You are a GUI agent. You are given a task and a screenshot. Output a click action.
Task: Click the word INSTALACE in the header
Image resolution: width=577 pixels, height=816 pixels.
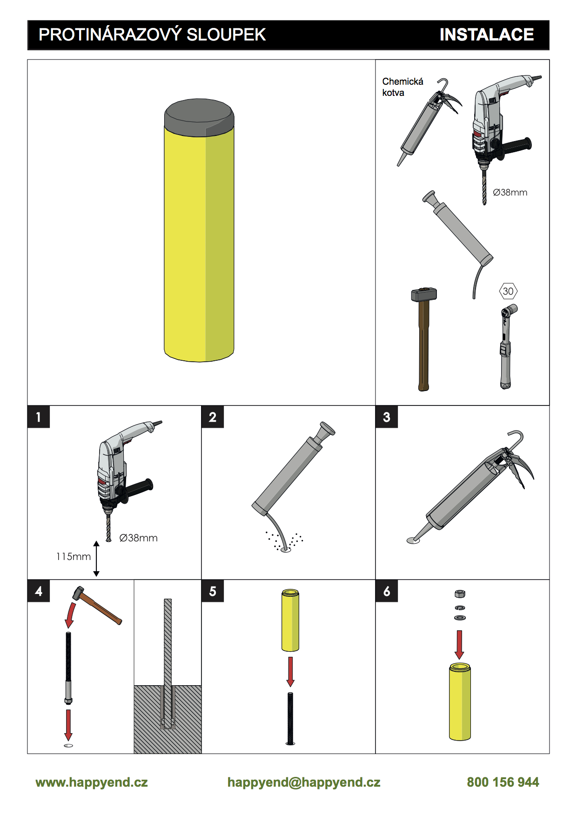pyautogui.click(x=487, y=34)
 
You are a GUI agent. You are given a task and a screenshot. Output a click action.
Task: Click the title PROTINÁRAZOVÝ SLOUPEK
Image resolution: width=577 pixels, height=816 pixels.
pyautogui.click(x=152, y=34)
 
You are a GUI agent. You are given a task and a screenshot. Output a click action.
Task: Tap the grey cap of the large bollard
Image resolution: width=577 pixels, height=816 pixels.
pyautogui.click(x=199, y=117)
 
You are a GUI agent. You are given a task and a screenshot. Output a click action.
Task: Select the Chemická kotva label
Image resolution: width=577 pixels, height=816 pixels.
pyautogui.click(x=403, y=87)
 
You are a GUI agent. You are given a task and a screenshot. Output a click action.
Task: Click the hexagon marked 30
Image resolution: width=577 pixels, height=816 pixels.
pyautogui.click(x=508, y=291)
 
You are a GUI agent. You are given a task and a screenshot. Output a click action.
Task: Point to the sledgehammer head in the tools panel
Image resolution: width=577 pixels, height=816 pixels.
pyautogui.click(x=424, y=294)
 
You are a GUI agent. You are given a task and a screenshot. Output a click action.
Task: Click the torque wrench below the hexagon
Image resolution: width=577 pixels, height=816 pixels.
pyautogui.click(x=506, y=346)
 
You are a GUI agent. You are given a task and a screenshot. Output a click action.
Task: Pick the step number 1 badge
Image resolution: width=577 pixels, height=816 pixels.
pyautogui.click(x=39, y=417)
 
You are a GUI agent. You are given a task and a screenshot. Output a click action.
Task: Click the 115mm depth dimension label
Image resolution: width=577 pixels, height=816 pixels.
pyautogui.click(x=74, y=556)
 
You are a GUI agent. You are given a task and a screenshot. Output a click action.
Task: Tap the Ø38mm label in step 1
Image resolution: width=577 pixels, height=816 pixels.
pyautogui.click(x=139, y=538)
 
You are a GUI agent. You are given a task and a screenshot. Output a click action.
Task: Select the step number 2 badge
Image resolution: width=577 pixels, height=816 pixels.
pyautogui.click(x=213, y=417)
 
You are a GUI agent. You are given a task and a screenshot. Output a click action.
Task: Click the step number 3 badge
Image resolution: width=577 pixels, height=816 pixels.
pyautogui.click(x=387, y=417)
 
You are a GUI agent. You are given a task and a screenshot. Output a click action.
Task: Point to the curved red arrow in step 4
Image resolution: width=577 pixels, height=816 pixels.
pyautogui.click(x=70, y=614)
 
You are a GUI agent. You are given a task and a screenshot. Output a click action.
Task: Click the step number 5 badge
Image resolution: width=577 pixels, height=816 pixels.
pyautogui.click(x=213, y=591)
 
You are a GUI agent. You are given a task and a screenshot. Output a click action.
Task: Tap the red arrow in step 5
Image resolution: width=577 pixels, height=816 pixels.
pyautogui.click(x=290, y=672)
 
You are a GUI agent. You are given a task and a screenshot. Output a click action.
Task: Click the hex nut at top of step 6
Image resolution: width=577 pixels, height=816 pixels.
pyautogui.click(x=460, y=594)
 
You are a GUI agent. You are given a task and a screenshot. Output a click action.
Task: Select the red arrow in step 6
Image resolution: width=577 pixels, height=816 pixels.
pyautogui.click(x=459, y=645)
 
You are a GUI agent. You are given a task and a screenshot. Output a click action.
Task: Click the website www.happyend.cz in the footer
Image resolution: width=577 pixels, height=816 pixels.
pyautogui.click(x=92, y=782)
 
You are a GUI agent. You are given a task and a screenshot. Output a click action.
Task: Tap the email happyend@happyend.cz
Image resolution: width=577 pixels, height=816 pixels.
pyautogui.click(x=304, y=782)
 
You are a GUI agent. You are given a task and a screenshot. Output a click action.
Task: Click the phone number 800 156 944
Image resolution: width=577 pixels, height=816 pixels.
pyautogui.click(x=503, y=782)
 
